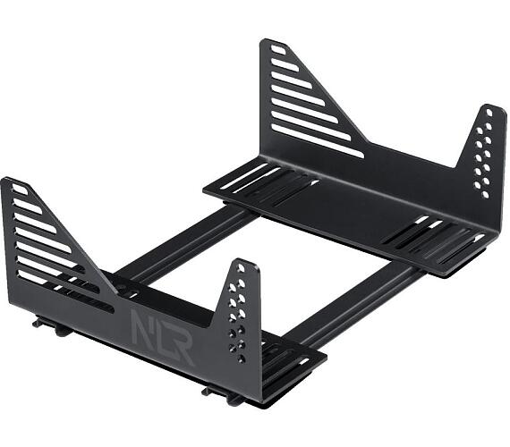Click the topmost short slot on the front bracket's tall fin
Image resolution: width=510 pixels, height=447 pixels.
click(x=20, y=190)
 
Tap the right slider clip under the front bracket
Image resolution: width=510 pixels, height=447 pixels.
click(x=215, y=391)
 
